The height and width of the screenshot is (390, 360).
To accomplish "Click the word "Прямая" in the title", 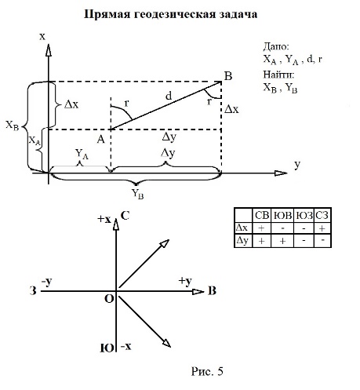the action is tap(107, 15).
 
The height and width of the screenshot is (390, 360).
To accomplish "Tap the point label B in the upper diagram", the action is tap(228, 76).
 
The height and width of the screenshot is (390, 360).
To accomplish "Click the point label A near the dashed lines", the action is tap(101, 140).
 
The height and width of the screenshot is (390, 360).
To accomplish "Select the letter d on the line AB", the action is tap(169, 96).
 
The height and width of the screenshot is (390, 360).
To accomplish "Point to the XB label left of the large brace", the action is tap(13, 126).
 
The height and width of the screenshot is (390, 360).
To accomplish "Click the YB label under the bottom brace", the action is tap(137, 195).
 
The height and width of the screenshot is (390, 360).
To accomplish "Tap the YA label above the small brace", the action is tap(82, 154).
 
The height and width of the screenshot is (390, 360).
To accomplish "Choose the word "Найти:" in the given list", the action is tap(278, 75).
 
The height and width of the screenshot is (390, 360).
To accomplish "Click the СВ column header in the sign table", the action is tap(262, 215).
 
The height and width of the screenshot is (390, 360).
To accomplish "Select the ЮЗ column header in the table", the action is tap(304, 216).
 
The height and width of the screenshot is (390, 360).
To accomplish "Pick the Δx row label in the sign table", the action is tap(242, 228).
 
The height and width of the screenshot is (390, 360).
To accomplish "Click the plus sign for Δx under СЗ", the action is tap(322, 228).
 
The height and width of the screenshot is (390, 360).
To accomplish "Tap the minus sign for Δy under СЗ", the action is tap(322, 240).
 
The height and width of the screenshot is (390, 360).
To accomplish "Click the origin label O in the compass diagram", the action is tap(109, 298).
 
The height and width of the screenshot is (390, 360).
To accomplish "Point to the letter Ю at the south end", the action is tap(107, 348).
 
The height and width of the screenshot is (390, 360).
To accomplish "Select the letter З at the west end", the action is tap(33, 291).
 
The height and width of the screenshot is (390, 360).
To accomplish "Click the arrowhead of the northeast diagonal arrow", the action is tap(165, 243).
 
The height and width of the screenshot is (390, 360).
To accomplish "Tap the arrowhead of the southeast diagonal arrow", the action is tap(166, 343).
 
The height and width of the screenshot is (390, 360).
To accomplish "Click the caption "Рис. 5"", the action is tap(207, 371).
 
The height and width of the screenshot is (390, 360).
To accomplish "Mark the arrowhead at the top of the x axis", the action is tap(49, 50).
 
